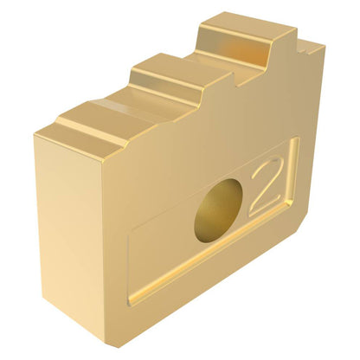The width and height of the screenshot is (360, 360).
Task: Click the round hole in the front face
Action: tap(218, 211)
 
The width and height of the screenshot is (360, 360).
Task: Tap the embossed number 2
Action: tap(266, 186)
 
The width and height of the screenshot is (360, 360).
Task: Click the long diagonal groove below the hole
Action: tap(208, 254)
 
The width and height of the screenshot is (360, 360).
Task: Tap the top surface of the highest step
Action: tap(247, 28)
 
